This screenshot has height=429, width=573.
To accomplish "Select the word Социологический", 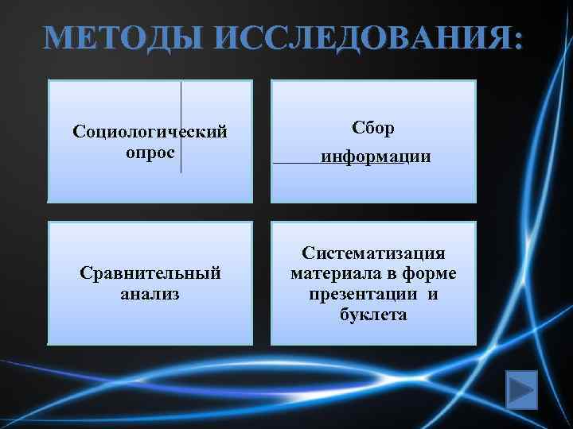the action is point(150,130).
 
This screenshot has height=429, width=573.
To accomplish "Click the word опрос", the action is point(150,150).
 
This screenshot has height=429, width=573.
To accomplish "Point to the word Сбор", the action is point(373,127).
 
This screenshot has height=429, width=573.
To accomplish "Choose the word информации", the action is point(376,157).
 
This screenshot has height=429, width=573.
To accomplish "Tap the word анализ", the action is point(150,294).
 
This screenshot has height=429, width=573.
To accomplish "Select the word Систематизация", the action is point(373,254).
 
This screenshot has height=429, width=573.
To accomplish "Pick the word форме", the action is point(429,275).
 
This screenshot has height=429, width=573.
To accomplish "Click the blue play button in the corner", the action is point(522,389).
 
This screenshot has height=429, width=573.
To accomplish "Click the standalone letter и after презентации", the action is point(432,295).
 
